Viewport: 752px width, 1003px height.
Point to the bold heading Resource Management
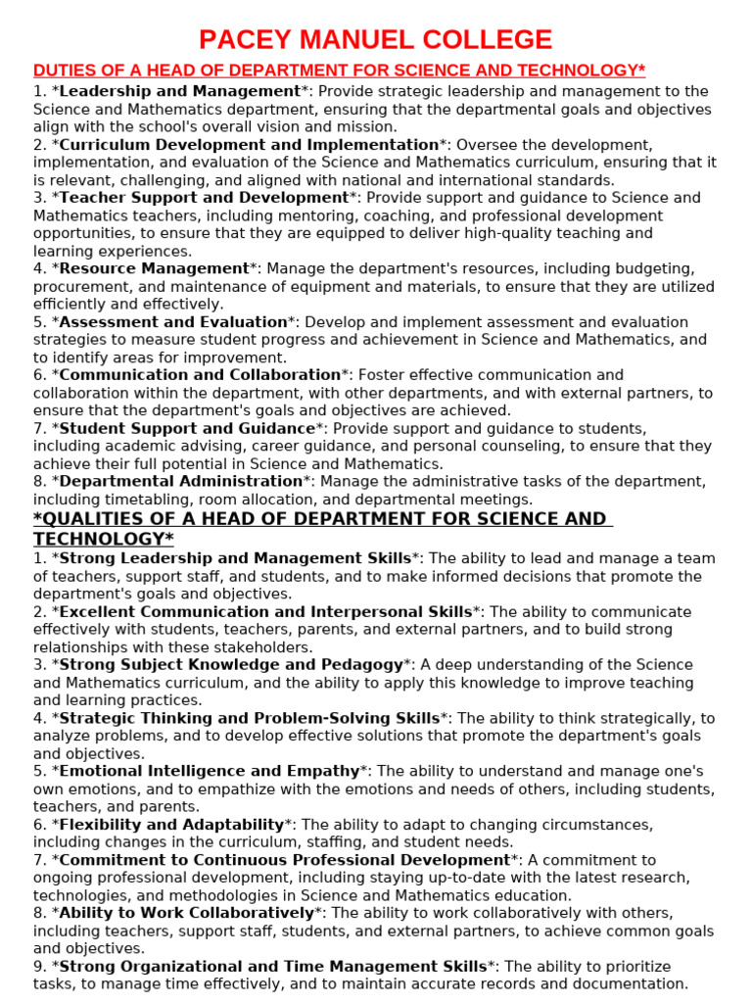154,268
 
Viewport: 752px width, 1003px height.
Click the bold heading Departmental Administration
181,481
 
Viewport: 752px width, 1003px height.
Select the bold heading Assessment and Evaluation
173,321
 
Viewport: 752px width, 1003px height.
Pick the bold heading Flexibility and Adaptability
171,825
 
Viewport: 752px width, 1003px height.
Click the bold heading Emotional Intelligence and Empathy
210,772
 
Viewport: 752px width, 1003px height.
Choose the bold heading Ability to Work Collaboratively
186,913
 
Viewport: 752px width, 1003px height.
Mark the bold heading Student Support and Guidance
187,428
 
